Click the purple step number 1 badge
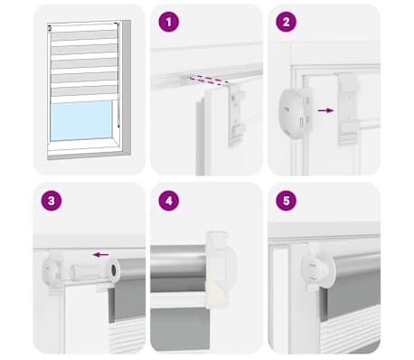pyautogui.click(x=169, y=22)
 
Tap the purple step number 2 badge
pyautogui.click(x=286, y=22)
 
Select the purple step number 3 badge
pyautogui.click(x=52, y=201)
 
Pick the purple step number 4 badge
pyautogui.click(x=169, y=201)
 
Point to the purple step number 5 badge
pyautogui.click(x=286, y=201)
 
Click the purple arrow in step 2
pyautogui.click(x=326, y=110)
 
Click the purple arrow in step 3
pyautogui.click(x=100, y=255)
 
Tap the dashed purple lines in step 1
pyautogui.click(x=208, y=81)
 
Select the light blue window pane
pyautogui.click(x=81, y=120)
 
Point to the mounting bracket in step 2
pyautogui.click(x=349, y=109)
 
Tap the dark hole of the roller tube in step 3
pyautogui.click(x=114, y=270)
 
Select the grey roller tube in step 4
pyautogui.click(x=179, y=269)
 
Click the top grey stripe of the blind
pyautogui.click(x=84, y=35)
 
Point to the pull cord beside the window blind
pyautogui.click(x=118, y=75)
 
